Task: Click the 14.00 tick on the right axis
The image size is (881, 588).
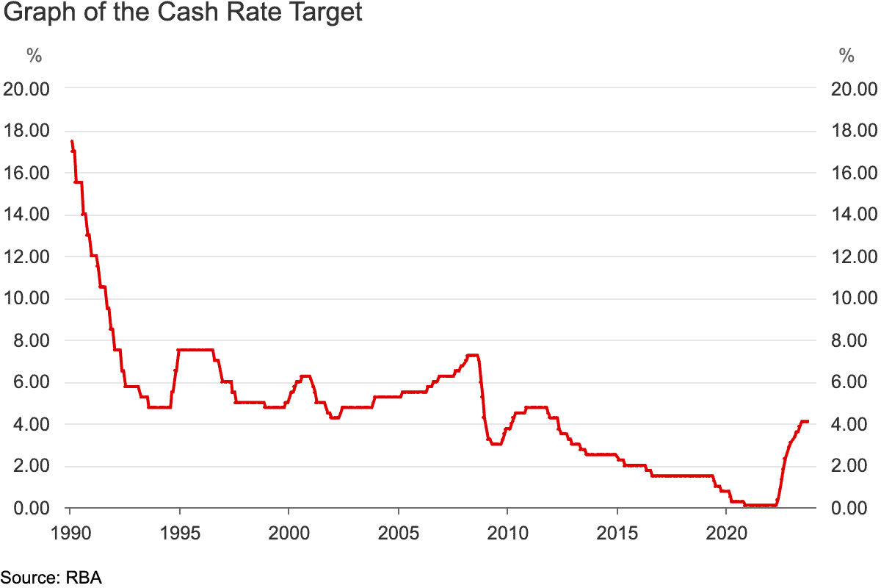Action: [855, 215]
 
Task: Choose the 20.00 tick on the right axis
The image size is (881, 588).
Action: [855, 89]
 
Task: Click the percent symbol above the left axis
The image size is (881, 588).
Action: [34, 55]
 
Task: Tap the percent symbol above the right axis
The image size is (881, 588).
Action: [846, 55]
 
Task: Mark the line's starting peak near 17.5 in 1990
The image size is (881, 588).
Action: [71, 141]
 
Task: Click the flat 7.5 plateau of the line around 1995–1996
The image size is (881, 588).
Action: [195, 350]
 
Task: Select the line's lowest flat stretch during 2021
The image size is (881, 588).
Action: [760, 506]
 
